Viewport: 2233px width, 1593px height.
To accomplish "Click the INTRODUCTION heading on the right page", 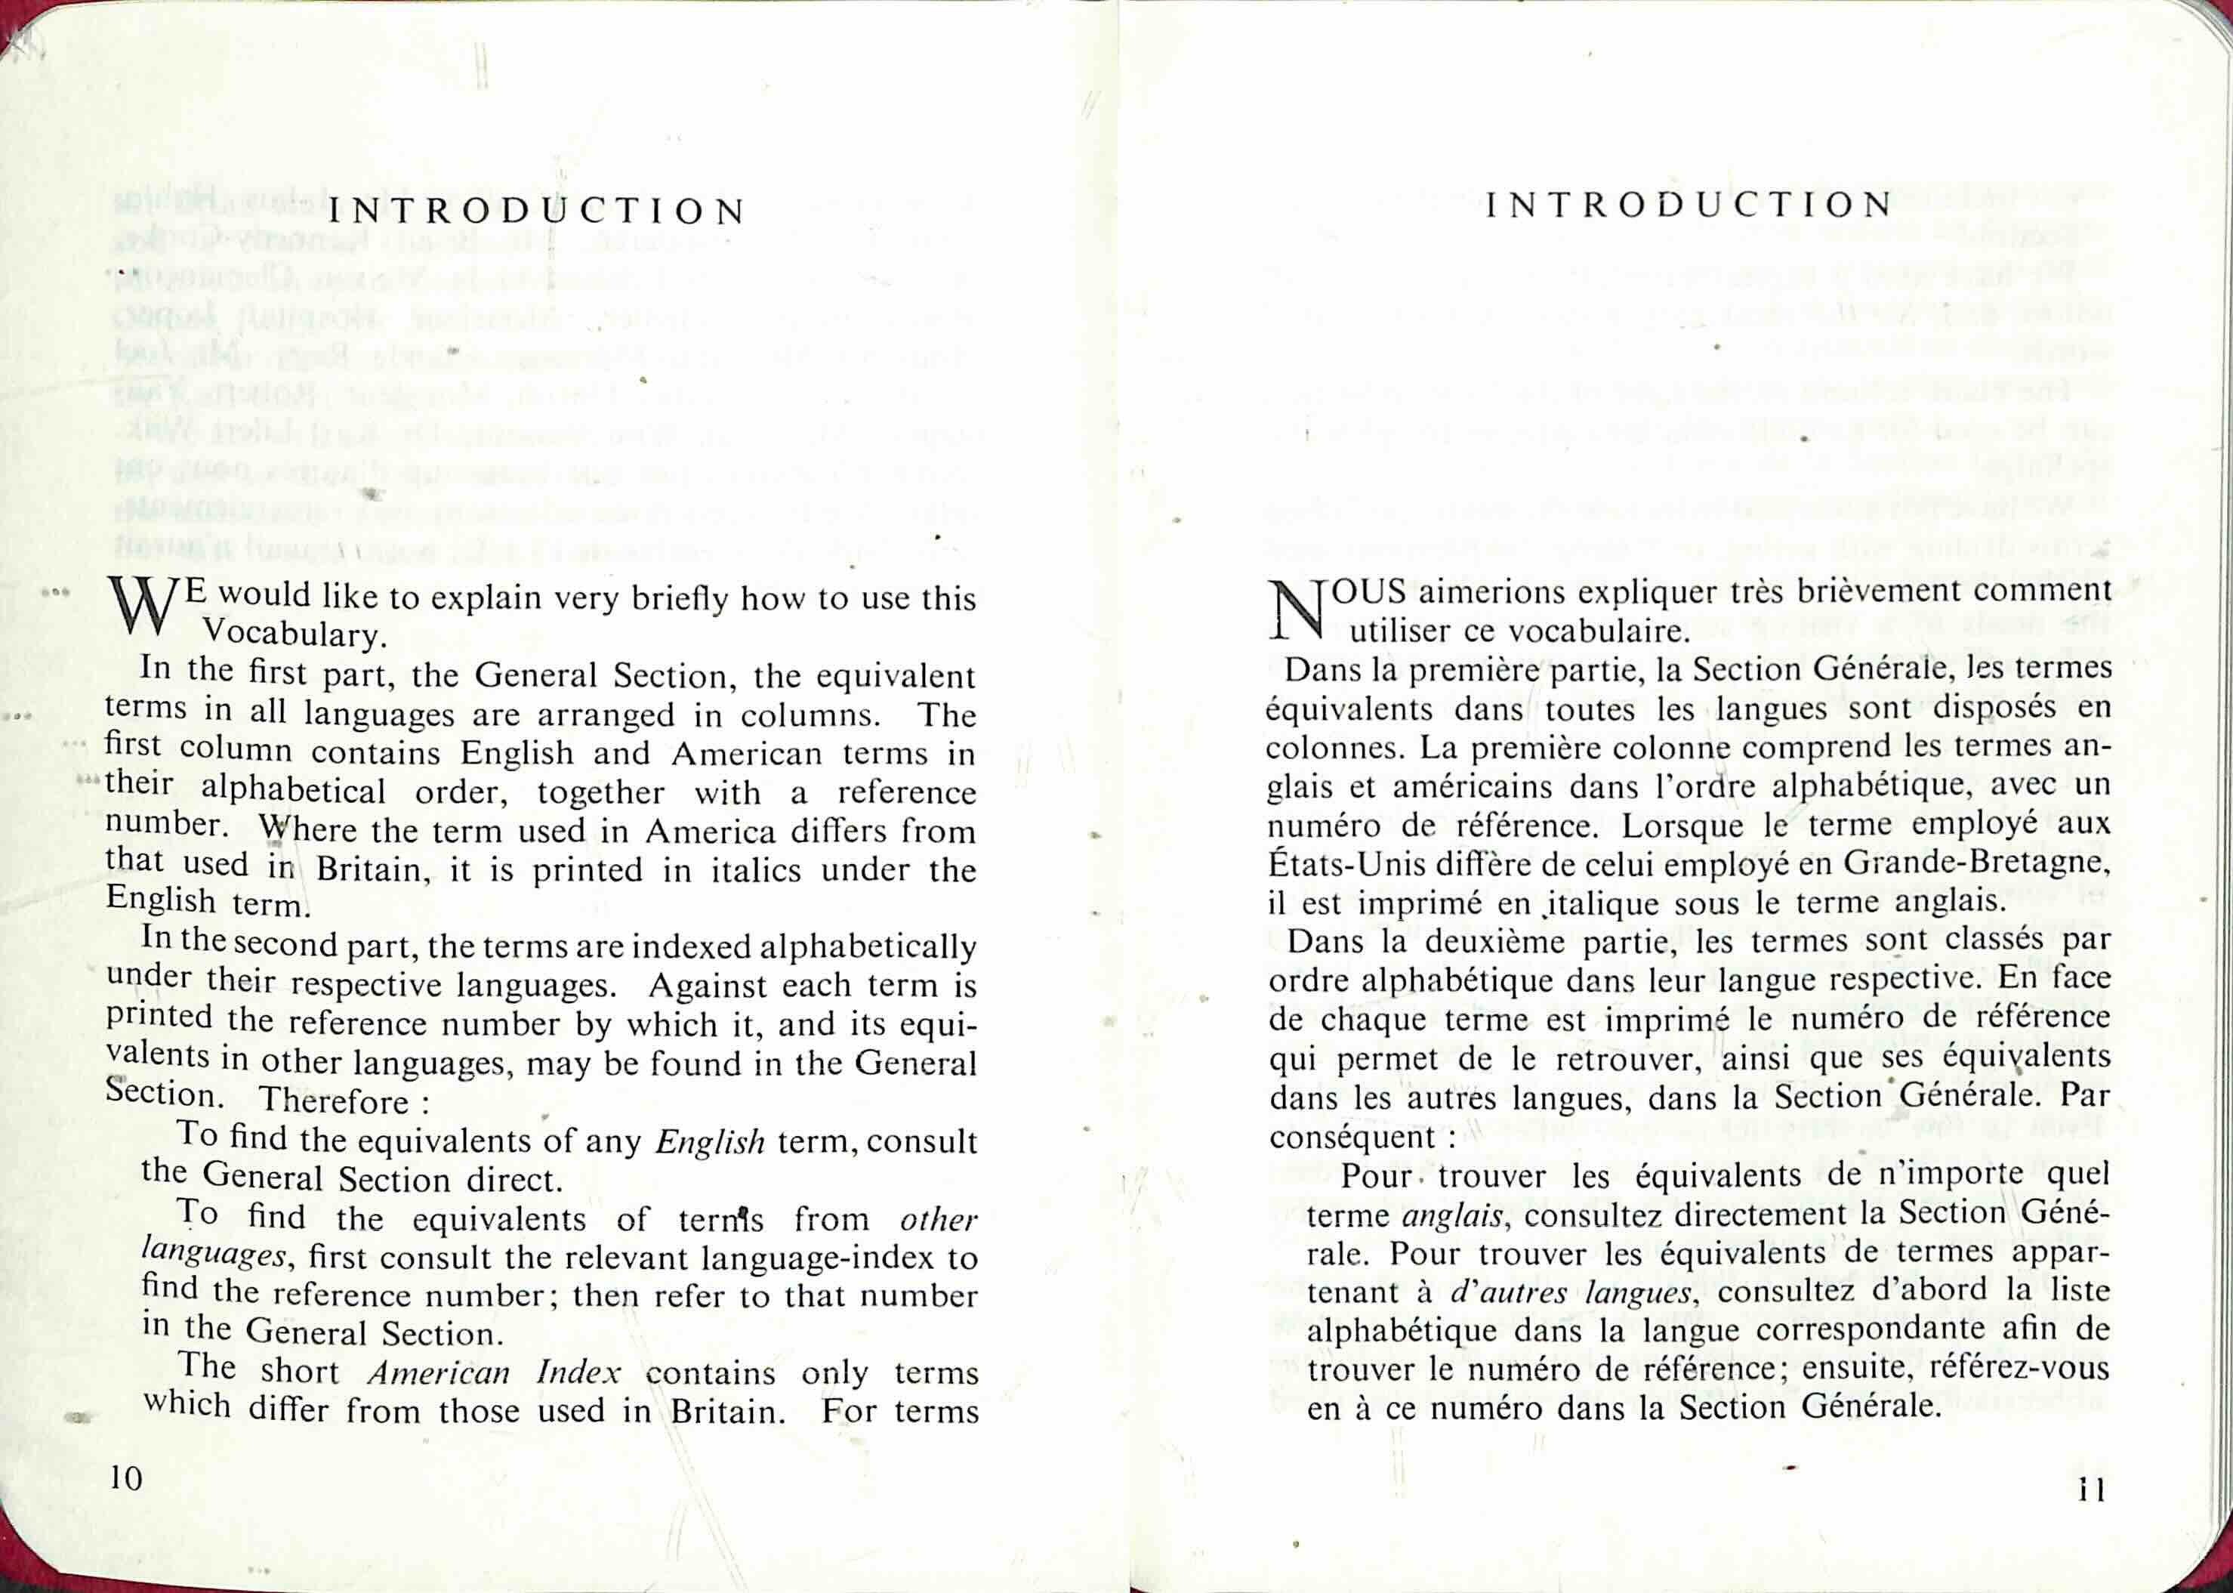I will tap(1689, 205).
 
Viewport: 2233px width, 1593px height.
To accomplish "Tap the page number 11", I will tap(2092, 1490).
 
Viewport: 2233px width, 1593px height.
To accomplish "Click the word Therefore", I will tap(335, 1101).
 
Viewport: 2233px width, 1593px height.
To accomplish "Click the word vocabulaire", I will tap(1599, 631).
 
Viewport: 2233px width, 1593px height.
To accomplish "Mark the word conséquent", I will tap(1342, 1137).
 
